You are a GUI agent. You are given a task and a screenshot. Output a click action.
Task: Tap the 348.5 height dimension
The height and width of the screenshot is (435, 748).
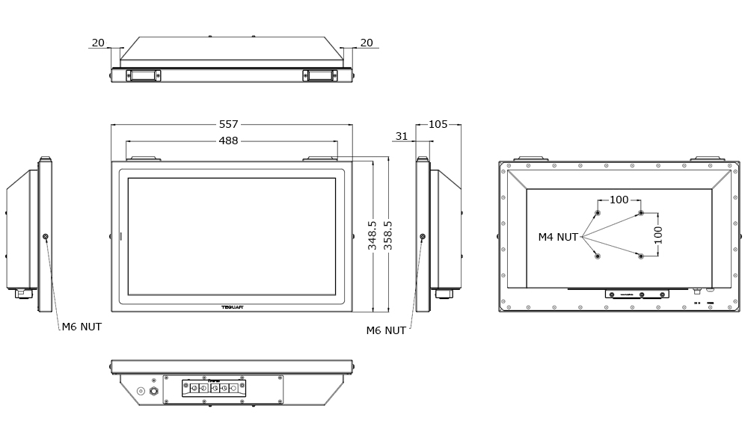click(x=373, y=235)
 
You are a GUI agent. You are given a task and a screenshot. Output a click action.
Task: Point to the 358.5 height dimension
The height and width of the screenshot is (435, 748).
click(x=388, y=235)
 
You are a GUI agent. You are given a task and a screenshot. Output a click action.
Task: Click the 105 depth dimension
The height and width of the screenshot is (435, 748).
click(x=438, y=124)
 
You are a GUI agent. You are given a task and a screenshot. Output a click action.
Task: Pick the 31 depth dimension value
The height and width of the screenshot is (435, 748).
click(x=402, y=136)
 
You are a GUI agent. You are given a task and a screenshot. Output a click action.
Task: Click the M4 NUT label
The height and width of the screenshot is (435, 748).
click(x=558, y=237)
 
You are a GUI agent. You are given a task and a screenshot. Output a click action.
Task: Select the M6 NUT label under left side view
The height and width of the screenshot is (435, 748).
click(x=82, y=327)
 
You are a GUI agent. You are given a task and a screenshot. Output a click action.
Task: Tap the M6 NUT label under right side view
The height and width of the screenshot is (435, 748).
click(x=386, y=330)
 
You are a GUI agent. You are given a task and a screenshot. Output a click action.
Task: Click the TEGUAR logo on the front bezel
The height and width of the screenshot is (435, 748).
click(x=232, y=306)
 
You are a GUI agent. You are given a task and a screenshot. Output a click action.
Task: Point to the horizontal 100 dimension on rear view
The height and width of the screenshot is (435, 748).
click(x=619, y=200)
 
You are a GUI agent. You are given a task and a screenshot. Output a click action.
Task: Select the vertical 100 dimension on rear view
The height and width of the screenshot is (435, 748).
click(x=658, y=235)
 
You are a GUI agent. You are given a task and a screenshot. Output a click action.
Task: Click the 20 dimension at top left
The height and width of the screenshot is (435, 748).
click(x=98, y=43)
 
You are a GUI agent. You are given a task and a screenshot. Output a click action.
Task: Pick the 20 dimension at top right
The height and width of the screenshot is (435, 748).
click(x=367, y=43)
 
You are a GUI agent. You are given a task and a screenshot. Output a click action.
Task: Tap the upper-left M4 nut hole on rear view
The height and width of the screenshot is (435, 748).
click(x=598, y=213)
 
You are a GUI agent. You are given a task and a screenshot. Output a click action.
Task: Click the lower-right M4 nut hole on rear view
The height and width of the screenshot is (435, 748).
click(x=641, y=256)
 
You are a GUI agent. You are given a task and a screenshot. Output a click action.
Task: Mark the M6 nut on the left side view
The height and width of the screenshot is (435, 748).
click(x=46, y=237)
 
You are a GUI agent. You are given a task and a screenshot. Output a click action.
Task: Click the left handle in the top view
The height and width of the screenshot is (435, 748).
click(x=143, y=75)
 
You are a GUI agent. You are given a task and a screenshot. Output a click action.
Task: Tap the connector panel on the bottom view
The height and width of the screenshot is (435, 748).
click(x=214, y=388)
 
